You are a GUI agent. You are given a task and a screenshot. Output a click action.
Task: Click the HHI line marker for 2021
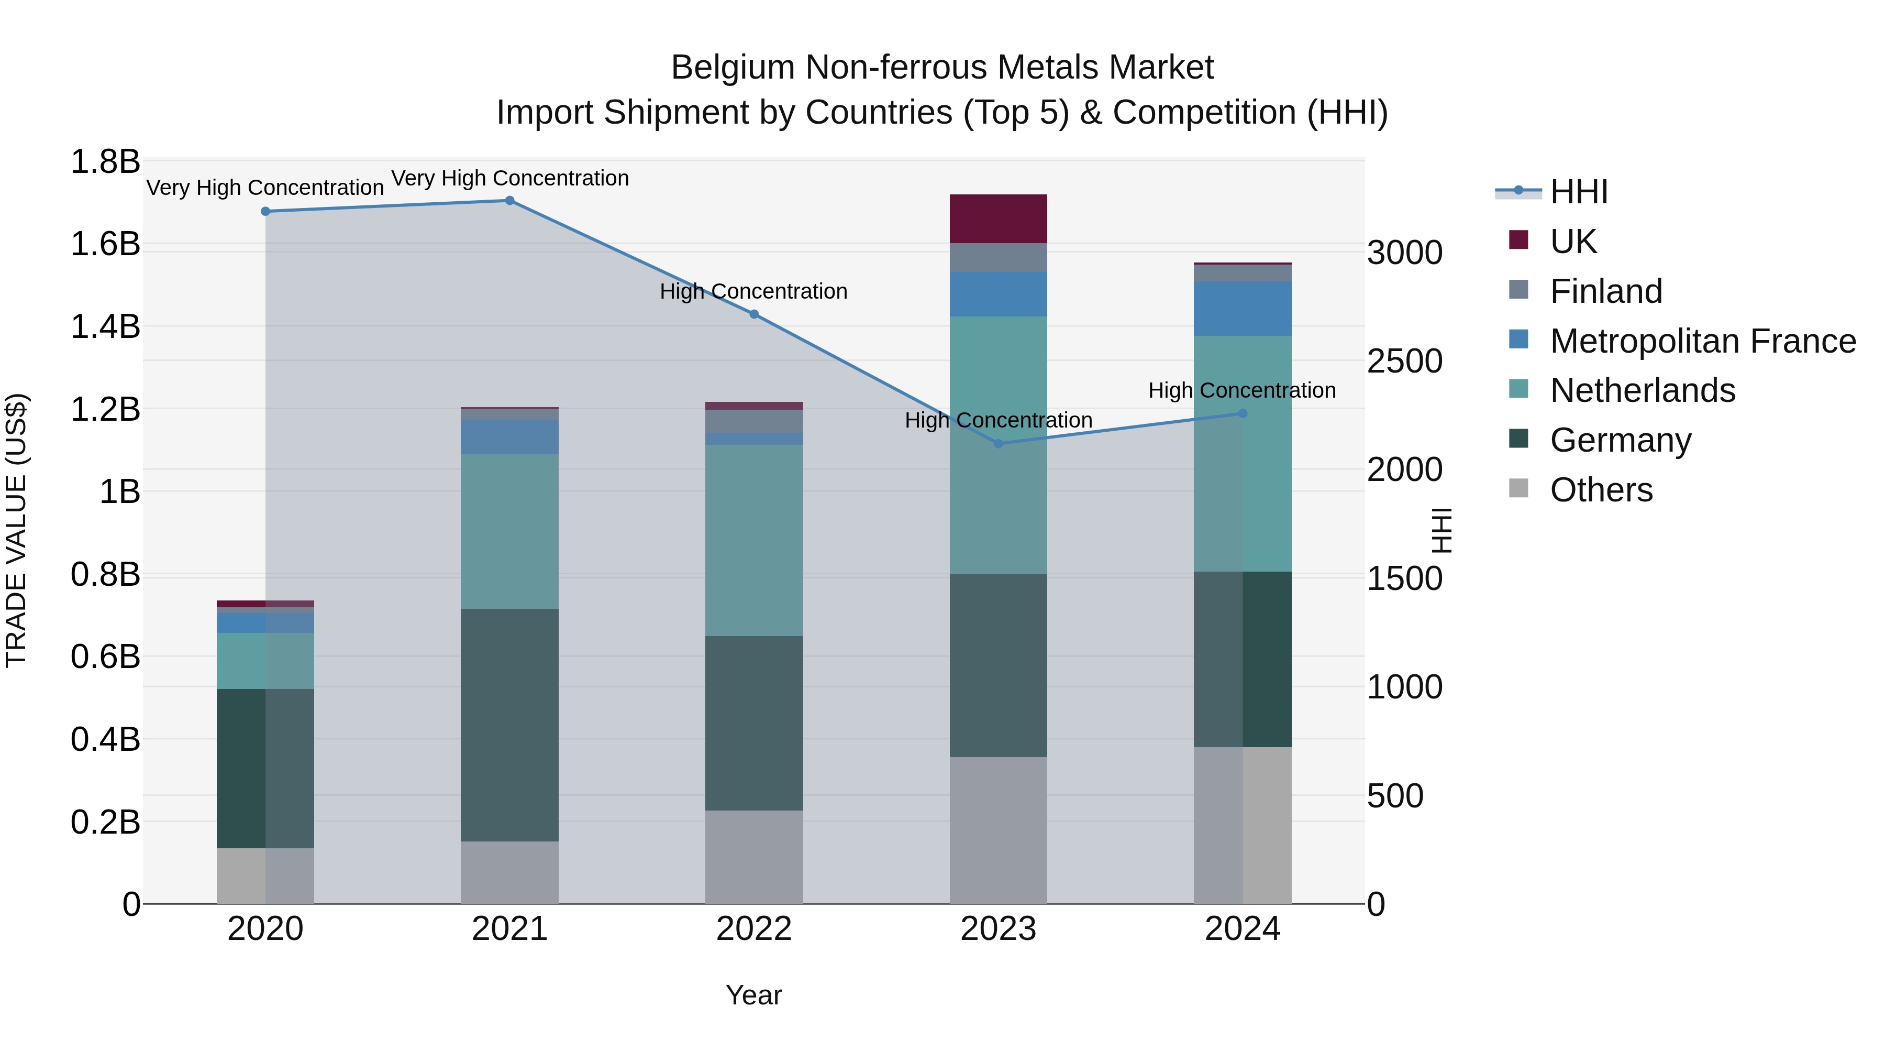[509, 201]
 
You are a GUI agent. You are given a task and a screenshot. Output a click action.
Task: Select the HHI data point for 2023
[998, 444]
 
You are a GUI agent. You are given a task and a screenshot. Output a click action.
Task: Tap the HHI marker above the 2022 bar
[753, 314]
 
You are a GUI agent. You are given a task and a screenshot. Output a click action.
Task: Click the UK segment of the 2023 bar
[998, 219]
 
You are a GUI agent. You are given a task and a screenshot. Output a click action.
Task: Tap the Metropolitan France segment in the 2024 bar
[1242, 308]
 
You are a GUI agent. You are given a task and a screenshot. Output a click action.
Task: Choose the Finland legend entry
[1605, 291]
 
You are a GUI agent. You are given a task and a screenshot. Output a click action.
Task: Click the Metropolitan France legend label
[1702, 341]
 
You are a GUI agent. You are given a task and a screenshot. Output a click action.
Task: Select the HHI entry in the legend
[1578, 192]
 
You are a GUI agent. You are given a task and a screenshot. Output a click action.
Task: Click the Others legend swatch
[1518, 488]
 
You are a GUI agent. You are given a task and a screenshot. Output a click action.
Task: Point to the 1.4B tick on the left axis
[105, 326]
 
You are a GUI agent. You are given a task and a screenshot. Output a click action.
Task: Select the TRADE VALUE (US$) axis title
[16, 530]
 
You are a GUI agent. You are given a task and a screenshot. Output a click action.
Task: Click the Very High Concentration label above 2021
[509, 178]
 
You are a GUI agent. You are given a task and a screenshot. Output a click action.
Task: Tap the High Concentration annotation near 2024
[1242, 390]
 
